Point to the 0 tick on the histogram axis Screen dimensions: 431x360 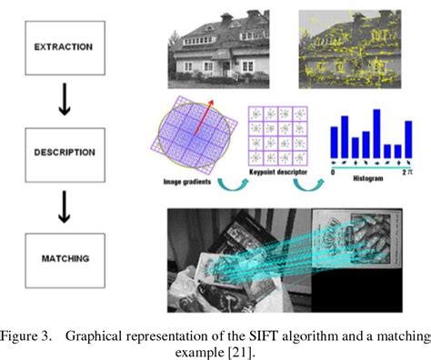pyautogui.click(x=333, y=170)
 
